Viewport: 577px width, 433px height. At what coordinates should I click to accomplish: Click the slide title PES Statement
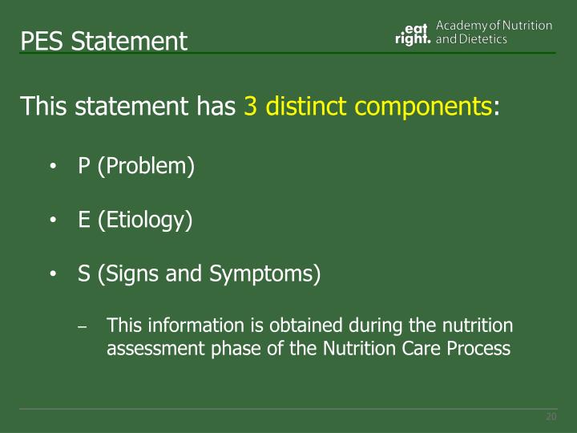(x=104, y=40)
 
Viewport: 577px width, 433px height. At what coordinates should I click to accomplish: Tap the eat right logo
(x=414, y=34)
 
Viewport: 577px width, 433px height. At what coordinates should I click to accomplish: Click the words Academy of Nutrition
(x=494, y=26)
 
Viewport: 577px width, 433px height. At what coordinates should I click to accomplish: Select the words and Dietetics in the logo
(x=471, y=40)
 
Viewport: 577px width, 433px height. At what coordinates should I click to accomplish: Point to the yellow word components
(x=424, y=106)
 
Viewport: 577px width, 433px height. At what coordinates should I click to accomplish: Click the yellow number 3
(x=250, y=106)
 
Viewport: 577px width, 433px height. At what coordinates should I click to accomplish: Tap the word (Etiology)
(x=145, y=221)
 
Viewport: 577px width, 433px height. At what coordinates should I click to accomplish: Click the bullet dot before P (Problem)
(x=52, y=168)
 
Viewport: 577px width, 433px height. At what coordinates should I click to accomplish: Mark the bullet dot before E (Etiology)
(x=52, y=221)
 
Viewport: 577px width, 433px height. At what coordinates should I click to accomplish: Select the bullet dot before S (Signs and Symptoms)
(x=52, y=275)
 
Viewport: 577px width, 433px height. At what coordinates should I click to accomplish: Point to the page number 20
(x=551, y=417)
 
